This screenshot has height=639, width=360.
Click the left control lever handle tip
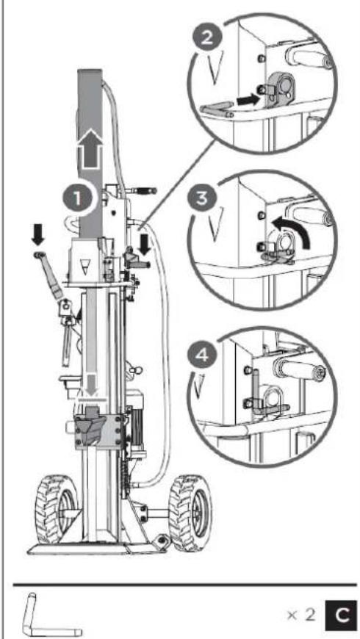(37, 253)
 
